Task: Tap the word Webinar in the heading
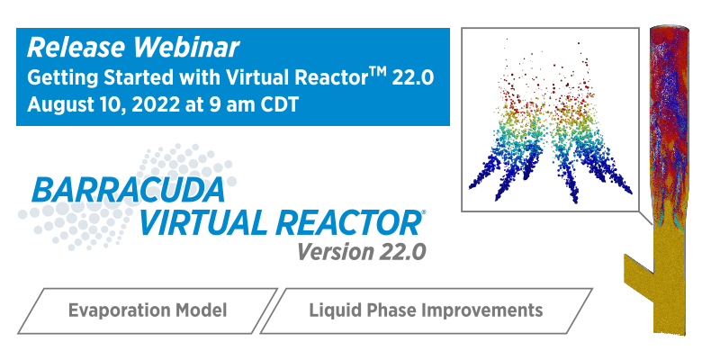tap(182, 48)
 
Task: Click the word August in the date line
tap(57, 104)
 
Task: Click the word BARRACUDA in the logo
tap(129, 190)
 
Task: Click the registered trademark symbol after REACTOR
tap(423, 212)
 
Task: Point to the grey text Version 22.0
tap(362, 251)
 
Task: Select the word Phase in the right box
tap(391, 310)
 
